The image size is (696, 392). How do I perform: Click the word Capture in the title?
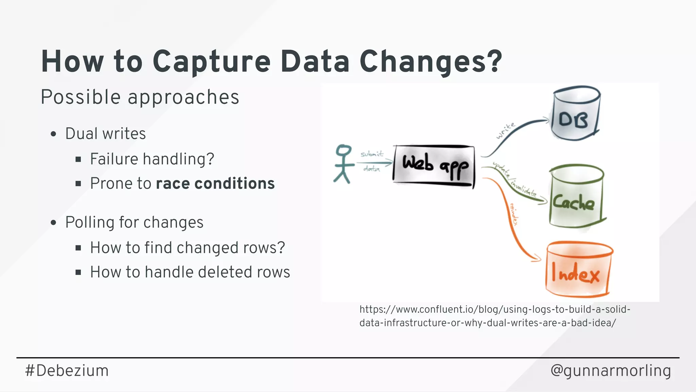211,62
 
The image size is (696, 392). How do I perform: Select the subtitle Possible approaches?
140,97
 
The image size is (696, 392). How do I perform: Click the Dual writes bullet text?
105,133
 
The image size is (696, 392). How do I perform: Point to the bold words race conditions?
215,183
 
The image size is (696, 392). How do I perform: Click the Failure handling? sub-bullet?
152,159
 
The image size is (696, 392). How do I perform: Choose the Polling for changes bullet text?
134,222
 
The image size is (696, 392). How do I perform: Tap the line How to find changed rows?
187,247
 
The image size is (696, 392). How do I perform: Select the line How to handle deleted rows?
190,272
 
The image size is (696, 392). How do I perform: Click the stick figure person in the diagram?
343,164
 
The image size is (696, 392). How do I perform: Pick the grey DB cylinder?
575,114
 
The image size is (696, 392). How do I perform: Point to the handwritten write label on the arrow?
505,131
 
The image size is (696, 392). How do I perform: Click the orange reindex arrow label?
514,214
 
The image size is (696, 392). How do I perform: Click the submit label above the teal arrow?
372,154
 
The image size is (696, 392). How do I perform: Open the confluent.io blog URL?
494,316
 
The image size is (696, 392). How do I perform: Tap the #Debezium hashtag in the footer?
67,370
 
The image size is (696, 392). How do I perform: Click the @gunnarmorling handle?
610,370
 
